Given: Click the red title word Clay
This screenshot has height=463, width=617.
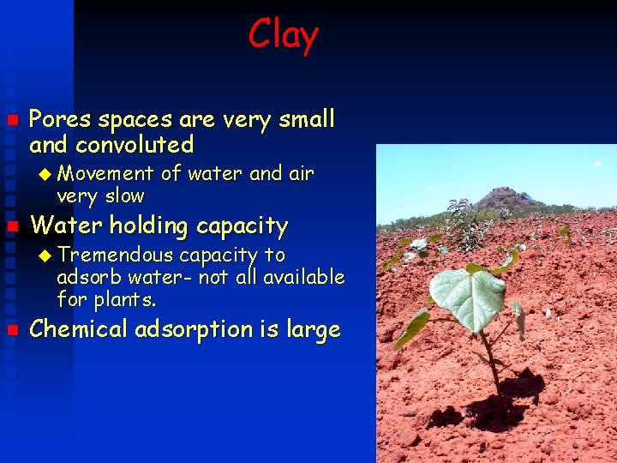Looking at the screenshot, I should click(x=283, y=35).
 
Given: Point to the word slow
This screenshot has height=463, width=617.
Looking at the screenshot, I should click(x=125, y=196).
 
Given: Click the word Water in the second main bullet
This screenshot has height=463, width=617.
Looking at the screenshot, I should click(x=59, y=226).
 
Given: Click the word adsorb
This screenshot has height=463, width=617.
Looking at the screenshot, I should click(x=86, y=277).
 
